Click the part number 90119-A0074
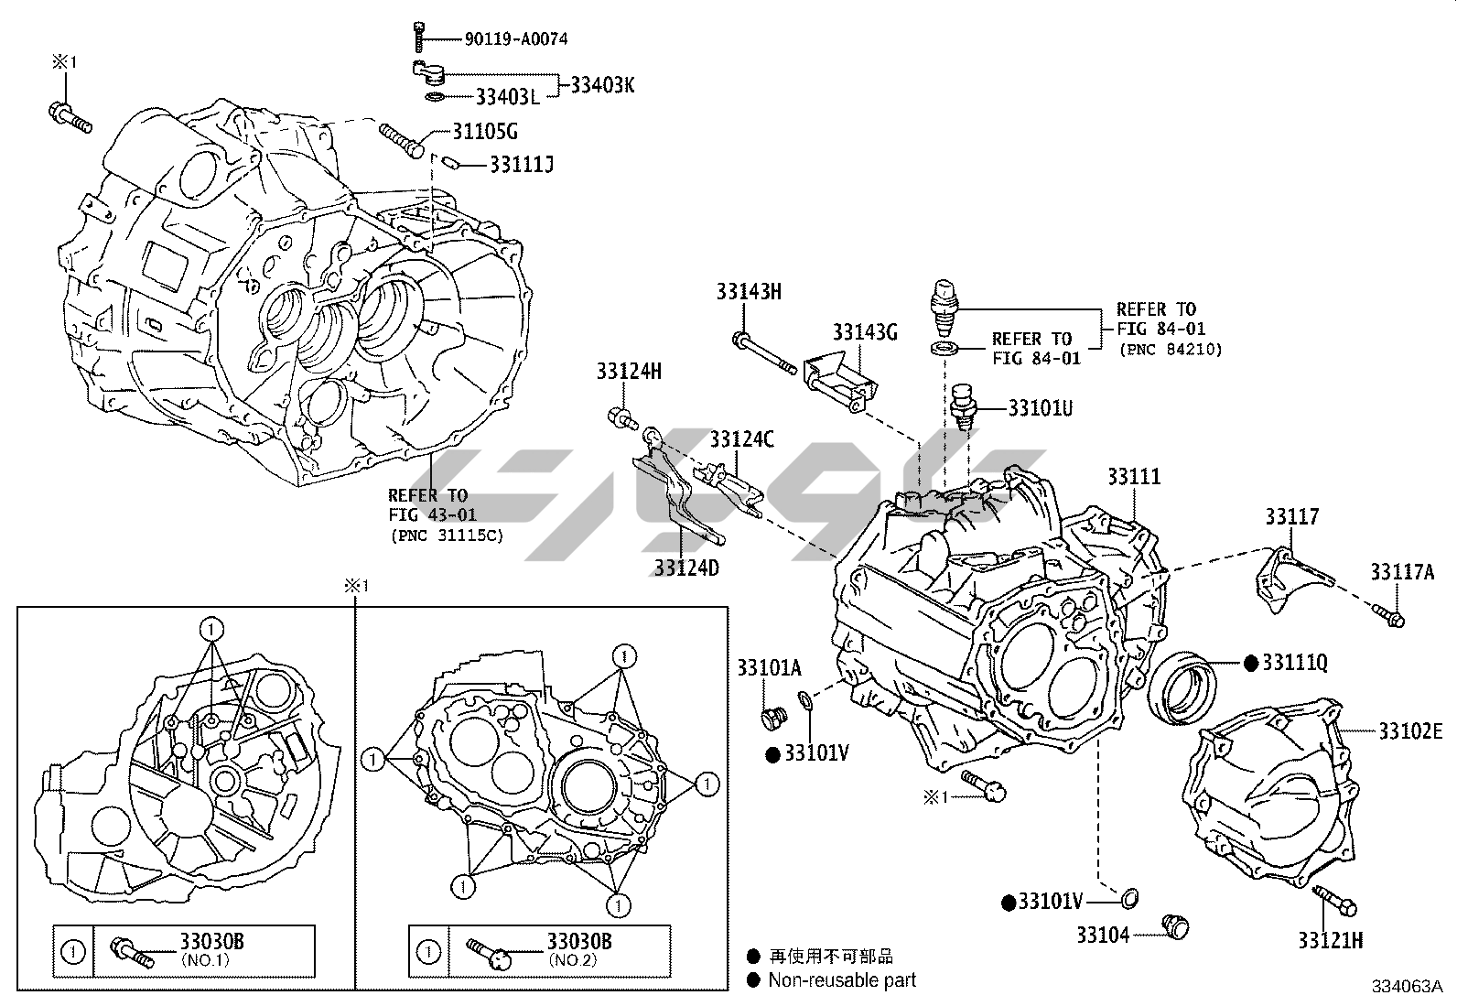[x=515, y=38]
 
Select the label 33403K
[x=602, y=85]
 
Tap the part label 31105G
[x=485, y=132]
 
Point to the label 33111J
[x=522, y=165]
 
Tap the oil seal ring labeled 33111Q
[x=1181, y=687]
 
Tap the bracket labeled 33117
[x=1290, y=577]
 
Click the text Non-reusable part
[x=841, y=980]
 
